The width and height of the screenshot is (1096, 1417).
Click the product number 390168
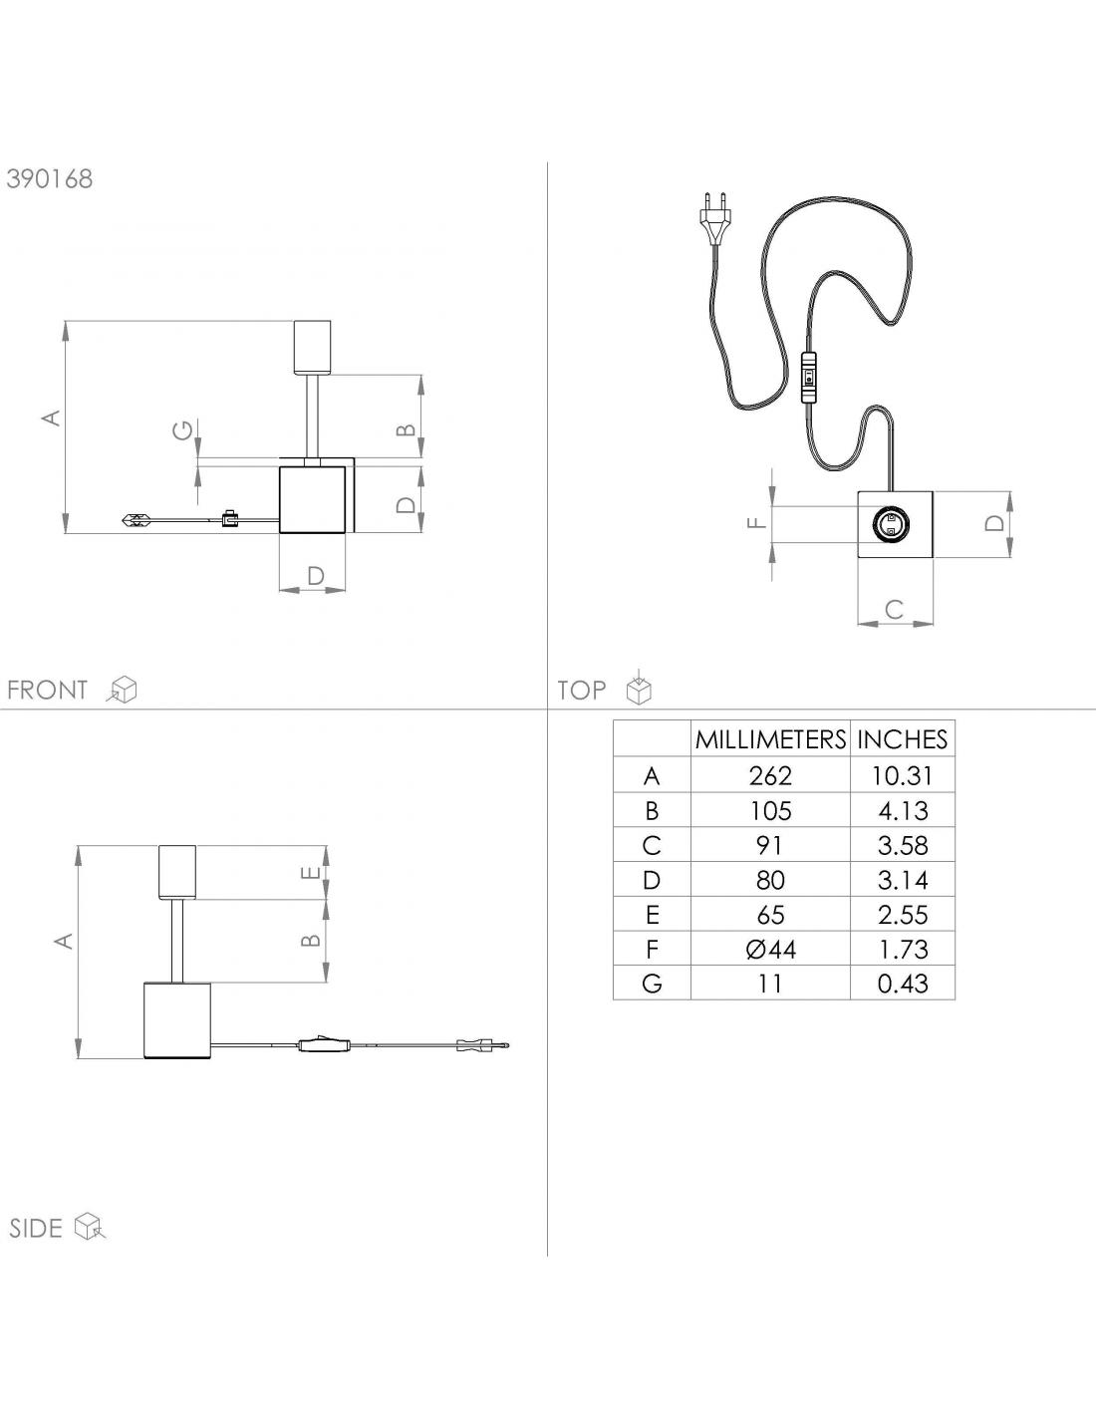pos(50,178)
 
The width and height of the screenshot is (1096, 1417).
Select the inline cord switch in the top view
pos(809,379)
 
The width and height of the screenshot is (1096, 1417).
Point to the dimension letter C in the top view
pos(895,610)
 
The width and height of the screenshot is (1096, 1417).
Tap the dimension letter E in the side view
pos(312,872)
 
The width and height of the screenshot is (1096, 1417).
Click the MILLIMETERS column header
pos(770,739)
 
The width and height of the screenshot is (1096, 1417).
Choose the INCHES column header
pos(903,739)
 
